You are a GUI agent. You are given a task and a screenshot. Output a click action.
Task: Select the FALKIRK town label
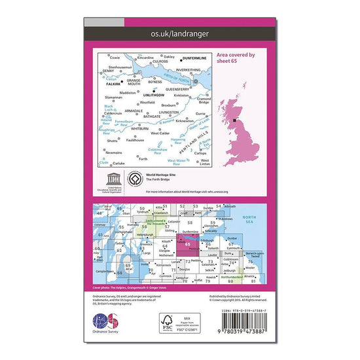point(113,84)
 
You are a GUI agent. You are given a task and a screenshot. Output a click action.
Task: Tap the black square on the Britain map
point(236,120)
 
